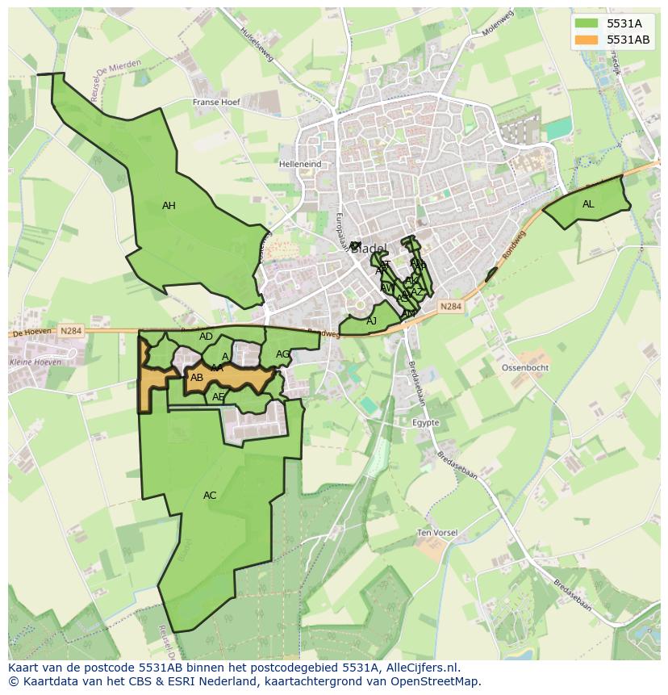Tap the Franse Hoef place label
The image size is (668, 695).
click(x=217, y=103)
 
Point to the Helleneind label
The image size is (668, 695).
click(x=300, y=164)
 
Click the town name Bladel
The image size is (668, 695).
click(x=369, y=248)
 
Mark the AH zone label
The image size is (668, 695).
click(x=169, y=206)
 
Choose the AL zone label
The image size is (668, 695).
click(x=588, y=204)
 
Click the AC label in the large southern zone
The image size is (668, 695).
click(x=210, y=496)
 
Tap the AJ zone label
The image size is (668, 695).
click(x=372, y=321)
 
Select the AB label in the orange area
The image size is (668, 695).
click(x=197, y=378)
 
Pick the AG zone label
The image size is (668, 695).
click(x=282, y=354)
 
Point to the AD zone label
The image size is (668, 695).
click(x=206, y=337)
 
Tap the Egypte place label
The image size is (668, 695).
click(x=425, y=423)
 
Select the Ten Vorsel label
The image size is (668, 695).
click(x=436, y=533)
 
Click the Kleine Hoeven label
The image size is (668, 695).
click(x=35, y=362)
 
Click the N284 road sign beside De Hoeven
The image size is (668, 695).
click(x=70, y=331)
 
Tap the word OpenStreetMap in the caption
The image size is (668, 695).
click(x=436, y=681)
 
